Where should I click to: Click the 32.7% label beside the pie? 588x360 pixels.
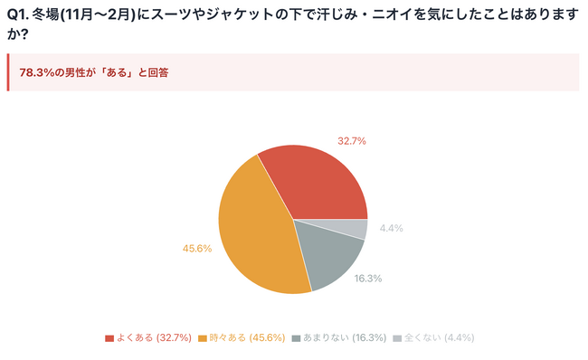[351, 141]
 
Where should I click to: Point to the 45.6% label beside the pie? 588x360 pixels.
[196, 248]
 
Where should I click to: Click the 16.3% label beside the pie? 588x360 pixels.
[367, 279]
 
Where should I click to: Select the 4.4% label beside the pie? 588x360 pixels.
[392, 229]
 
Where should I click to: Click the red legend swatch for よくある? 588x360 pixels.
[109, 338]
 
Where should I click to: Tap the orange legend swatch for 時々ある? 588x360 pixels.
[204, 338]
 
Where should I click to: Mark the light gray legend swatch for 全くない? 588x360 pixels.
[395, 338]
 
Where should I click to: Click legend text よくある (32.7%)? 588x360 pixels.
[154, 338]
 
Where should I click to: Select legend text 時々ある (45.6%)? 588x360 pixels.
[247, 338]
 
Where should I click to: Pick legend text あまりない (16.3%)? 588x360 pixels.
[345, 338]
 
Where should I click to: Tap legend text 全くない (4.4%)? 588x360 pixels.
[439, 338]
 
